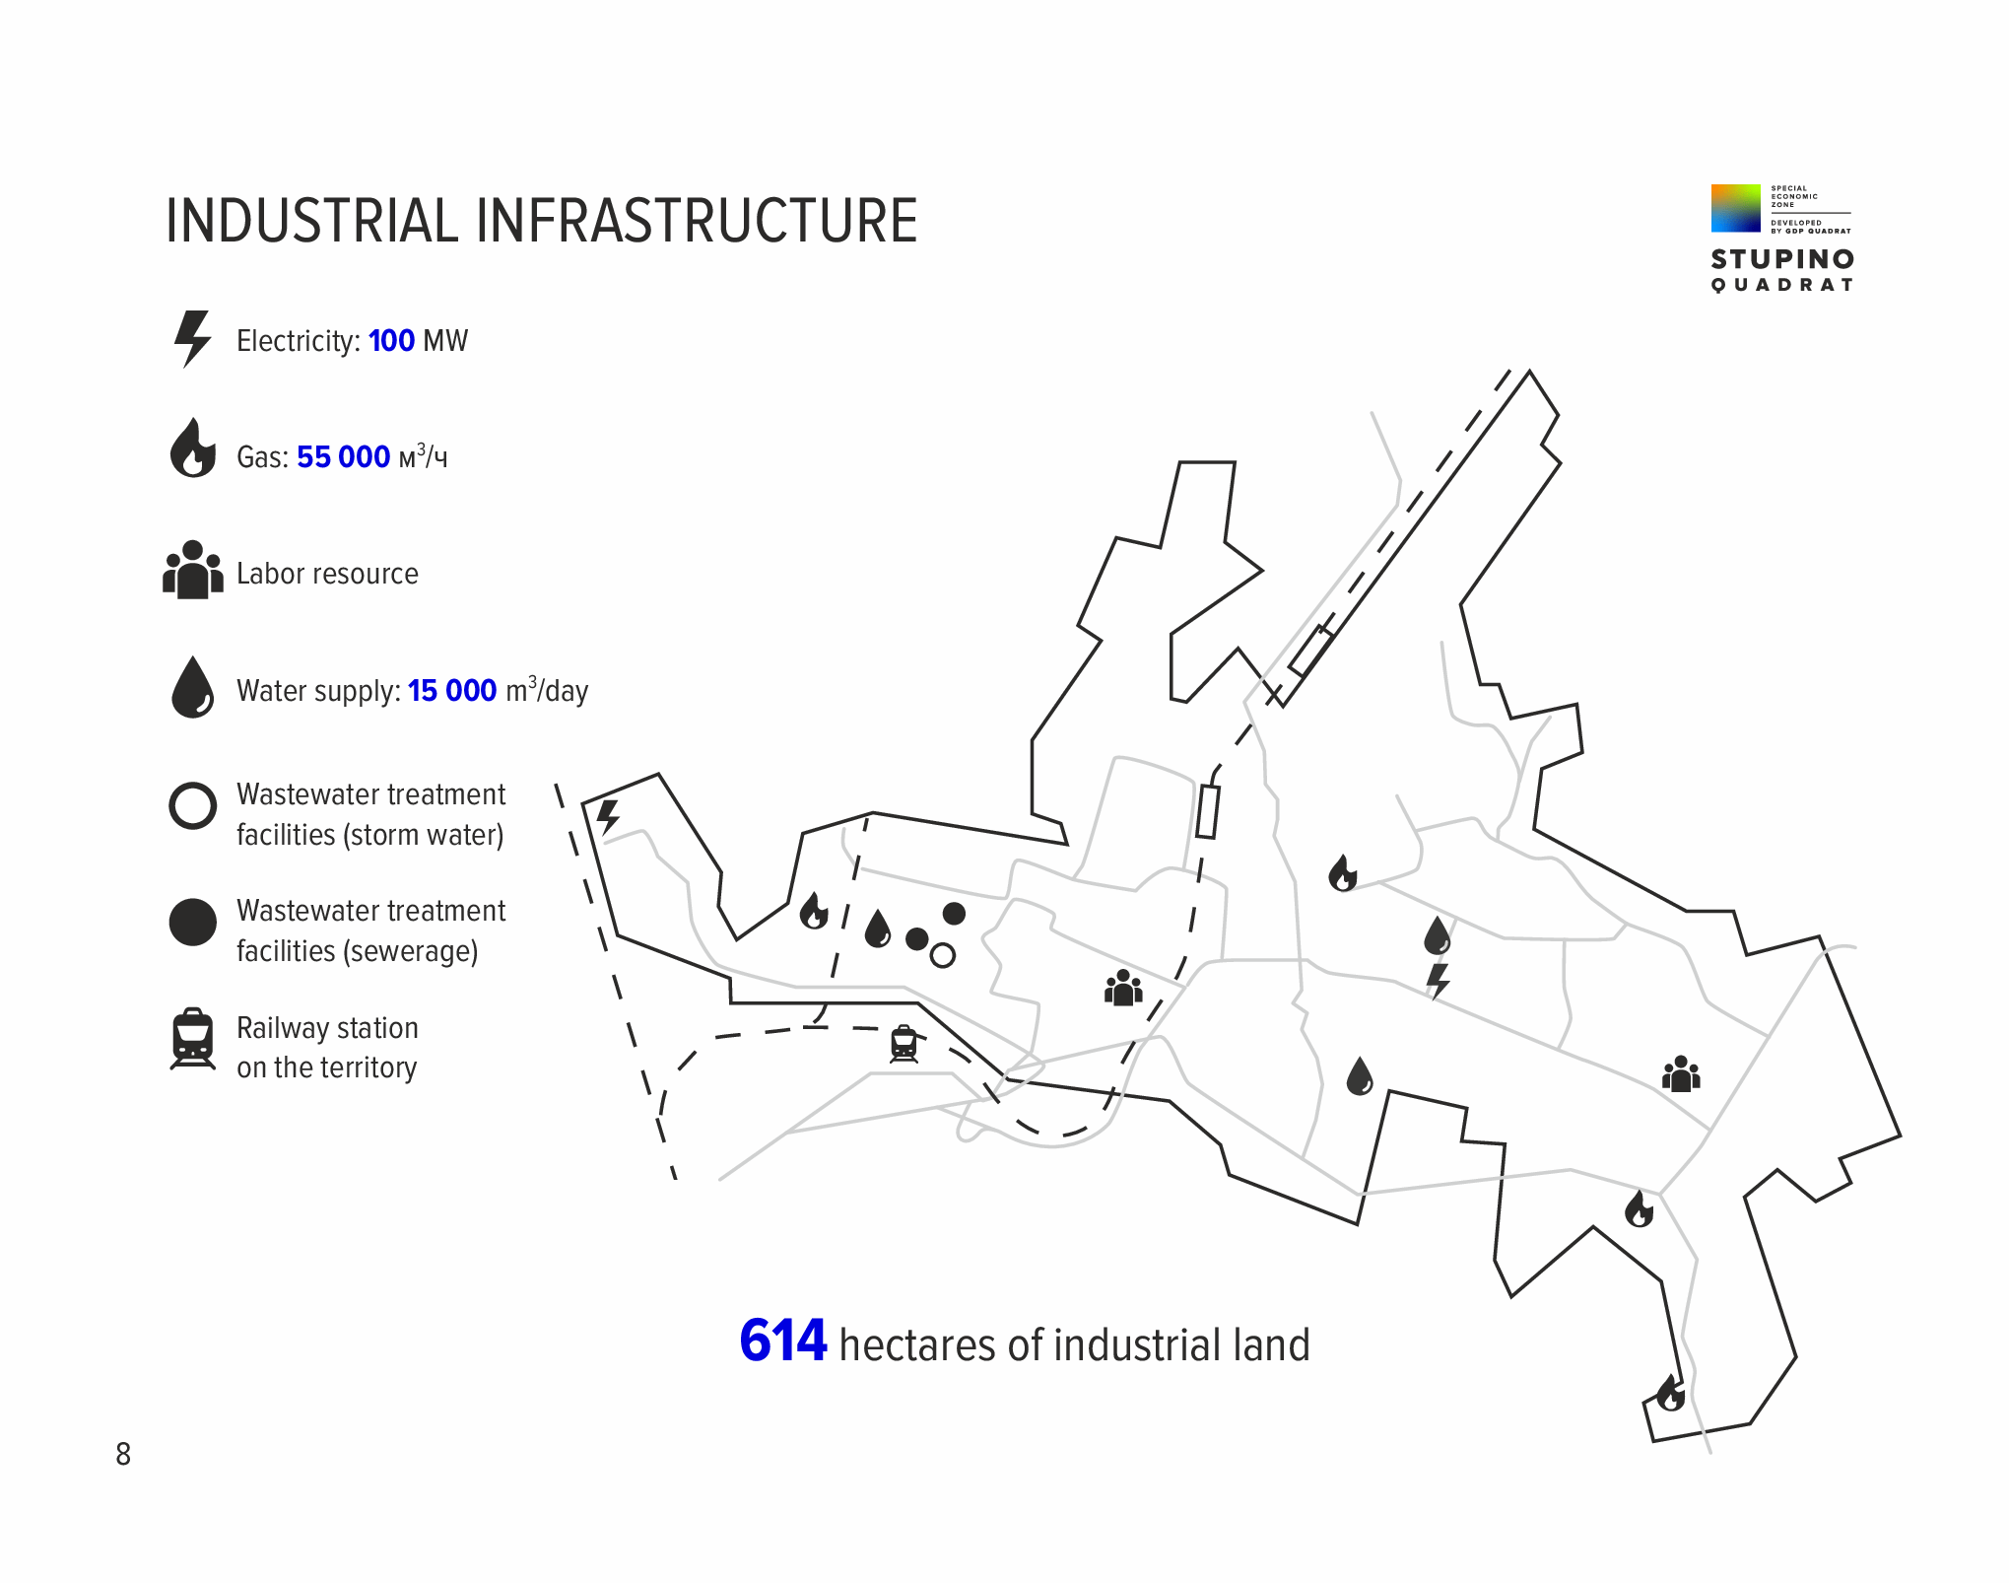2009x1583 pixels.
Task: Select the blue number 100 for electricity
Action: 391,341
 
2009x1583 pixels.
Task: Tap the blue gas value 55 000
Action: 343,457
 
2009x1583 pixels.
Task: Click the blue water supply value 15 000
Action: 452,691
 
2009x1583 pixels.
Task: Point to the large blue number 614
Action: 783,1341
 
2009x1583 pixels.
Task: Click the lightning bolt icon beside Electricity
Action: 192,339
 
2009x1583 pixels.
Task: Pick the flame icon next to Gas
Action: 193,448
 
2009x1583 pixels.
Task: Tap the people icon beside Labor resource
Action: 193,570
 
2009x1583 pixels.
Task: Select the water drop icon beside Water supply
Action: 193,687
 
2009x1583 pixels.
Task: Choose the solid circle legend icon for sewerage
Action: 193,922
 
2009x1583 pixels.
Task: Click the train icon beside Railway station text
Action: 193,1039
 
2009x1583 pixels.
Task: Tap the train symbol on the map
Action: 904,1044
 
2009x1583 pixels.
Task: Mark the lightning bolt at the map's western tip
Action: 609,817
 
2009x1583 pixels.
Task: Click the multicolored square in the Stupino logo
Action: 1736,208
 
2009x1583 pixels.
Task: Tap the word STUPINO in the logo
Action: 1782,259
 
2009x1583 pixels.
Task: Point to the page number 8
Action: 123,1454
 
